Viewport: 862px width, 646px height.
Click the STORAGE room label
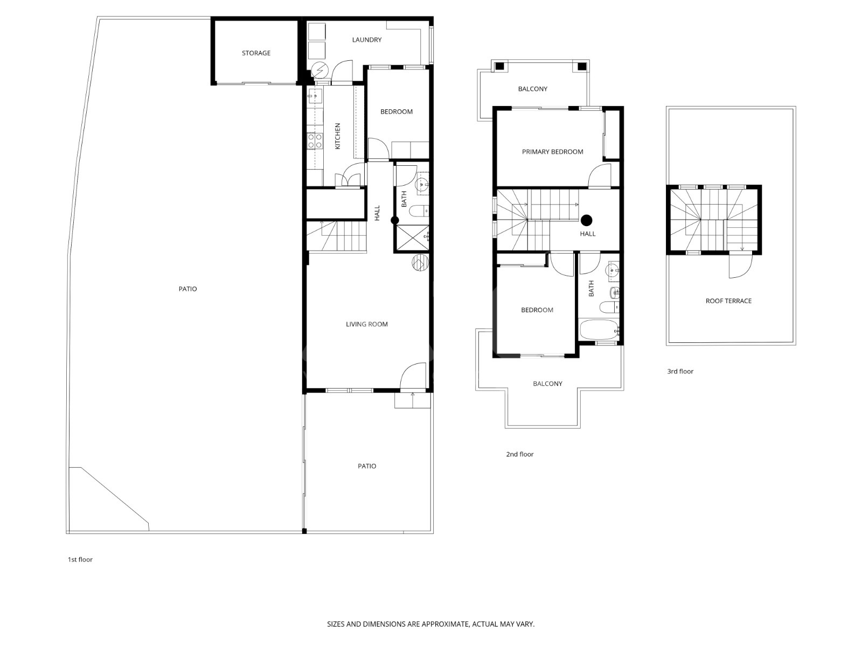[256, 53]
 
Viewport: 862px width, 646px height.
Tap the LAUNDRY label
[367, 40]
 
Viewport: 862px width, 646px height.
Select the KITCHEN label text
[337, 136]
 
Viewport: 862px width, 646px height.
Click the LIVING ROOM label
[367, 324]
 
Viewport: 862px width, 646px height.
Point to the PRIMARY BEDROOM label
[553, 152]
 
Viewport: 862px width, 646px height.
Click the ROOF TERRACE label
[728, 301]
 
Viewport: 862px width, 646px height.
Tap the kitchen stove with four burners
[315, 141]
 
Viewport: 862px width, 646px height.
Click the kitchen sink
[315, 96]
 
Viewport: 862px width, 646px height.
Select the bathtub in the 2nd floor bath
[599, 330]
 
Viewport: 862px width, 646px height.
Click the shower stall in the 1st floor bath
[412, 237]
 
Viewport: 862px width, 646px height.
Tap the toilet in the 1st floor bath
[419, 212]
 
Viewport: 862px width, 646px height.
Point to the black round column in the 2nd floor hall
[587, 220]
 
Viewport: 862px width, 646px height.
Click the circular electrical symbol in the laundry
[319, 71]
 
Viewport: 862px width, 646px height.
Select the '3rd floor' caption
[680, 371]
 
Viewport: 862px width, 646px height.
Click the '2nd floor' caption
[519, 454]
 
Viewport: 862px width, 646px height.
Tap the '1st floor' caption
[80, 559]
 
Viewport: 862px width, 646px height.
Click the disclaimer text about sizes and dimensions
[431, 624]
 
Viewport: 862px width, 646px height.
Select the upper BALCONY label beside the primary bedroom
[532, 89]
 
